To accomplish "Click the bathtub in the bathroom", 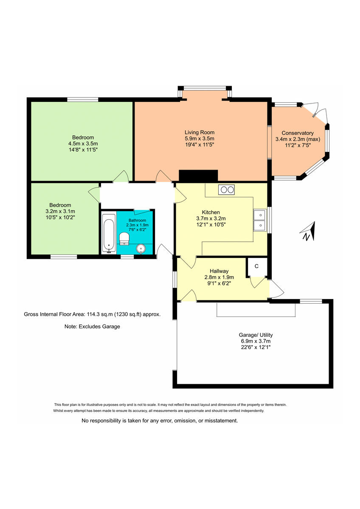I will coord(109,233).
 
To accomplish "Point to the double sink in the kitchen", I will coord(259,221).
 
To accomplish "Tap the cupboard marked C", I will coord(256,266).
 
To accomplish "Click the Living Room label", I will coord(199,132).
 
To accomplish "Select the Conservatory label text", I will coord(297,133).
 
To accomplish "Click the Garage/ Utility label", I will coord(255,335).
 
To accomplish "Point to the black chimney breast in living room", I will coord(198,176).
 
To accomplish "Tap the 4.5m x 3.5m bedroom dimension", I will coord(83,143).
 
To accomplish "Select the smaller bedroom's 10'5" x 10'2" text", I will coord(60,217).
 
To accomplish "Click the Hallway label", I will coord(219,271).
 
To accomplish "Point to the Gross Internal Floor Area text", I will coord(92,315).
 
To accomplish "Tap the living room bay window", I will coord(205,89).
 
